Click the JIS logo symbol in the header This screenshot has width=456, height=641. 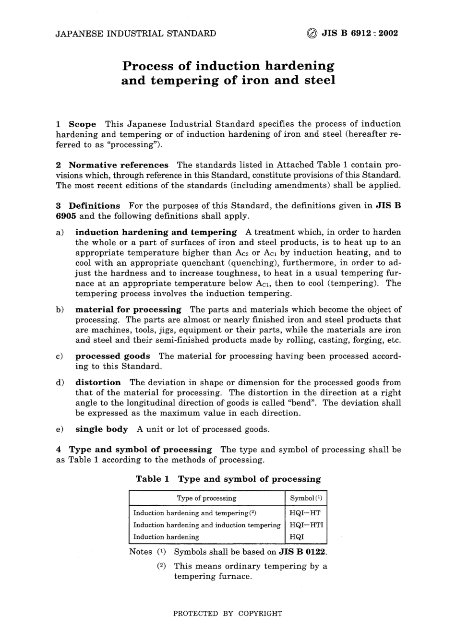coord(312,34)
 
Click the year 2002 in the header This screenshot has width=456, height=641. coord(388,34)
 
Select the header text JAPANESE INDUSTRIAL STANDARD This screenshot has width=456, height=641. coord(136,34)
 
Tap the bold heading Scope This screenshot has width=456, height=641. coord(82,124)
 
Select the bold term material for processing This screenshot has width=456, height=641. coord(128,309)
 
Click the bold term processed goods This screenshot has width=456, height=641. coord(112,356)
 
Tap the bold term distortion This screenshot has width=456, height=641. coord(98,382)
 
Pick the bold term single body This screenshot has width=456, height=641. coord(101,429)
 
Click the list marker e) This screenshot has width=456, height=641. coord(60,429)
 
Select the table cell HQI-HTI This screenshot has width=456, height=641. coord(306,525)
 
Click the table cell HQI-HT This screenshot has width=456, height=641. coord(305,513)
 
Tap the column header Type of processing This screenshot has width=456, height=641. coord(206,498)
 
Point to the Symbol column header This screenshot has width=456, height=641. coord(305,498)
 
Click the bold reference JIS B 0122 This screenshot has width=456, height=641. coord(302,552)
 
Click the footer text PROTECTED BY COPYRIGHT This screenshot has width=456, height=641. coord(228,613)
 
